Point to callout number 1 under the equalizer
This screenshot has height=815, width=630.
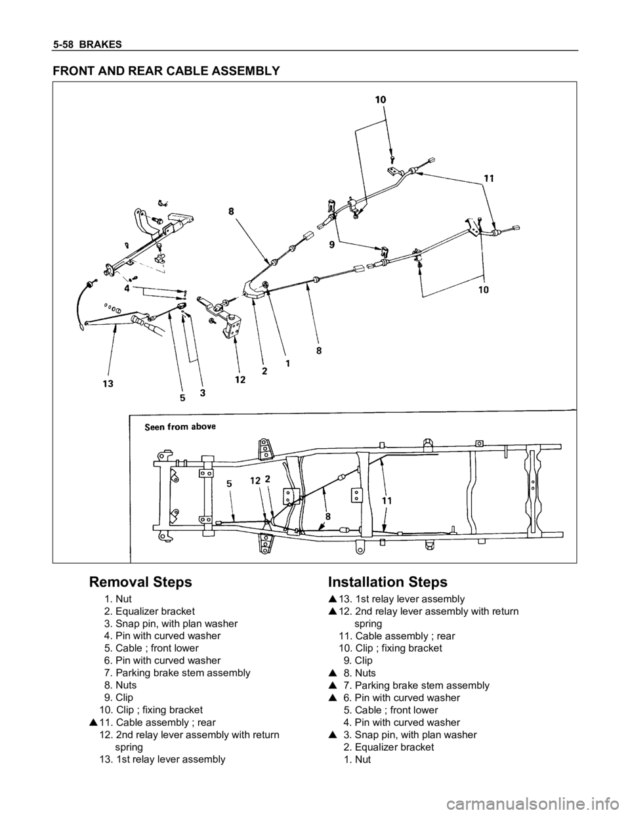(287, 362)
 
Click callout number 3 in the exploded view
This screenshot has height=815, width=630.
(203, 392)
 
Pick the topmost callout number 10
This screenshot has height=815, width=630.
(381, 100)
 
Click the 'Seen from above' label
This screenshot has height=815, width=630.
(180, 425)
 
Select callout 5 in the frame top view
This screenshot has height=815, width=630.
(229, 484)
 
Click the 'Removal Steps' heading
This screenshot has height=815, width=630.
(140, 582)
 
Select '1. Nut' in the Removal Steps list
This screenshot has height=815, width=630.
(118, 598)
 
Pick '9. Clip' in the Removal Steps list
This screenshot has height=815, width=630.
(117, 697)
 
